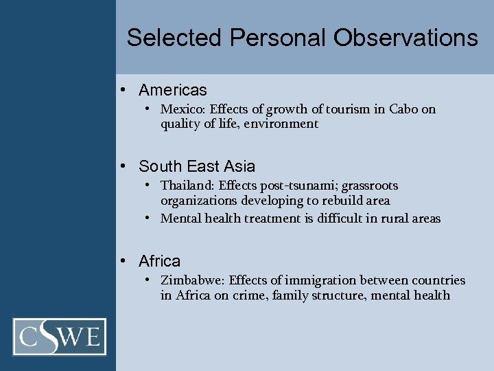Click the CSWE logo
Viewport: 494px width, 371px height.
click(x=60, y=337)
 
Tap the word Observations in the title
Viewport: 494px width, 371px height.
click(x=405, y=37)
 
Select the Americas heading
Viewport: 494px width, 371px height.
click(x=172, y=90)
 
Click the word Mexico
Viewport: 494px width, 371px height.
click(x=182, y=109)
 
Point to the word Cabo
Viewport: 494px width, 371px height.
click(x=403, y=109)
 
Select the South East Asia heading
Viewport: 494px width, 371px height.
click(x=196, y=166)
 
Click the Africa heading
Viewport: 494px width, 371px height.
click(x=159, y=261)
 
